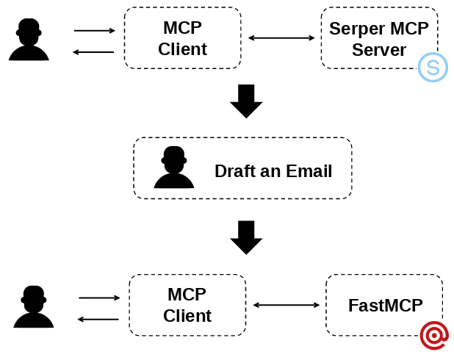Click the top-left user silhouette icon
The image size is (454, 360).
point(29,40)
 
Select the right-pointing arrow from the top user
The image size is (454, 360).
point(95,31)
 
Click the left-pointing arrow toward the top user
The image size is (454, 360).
point(93,52)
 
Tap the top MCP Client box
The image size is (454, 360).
point(182,38)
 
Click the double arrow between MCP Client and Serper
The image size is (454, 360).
point(281,37)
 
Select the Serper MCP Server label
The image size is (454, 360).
point(378,39)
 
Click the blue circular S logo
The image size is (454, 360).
point(433,68)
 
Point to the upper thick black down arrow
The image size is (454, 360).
point(246,101)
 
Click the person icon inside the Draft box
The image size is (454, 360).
point(174,168)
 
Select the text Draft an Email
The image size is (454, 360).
point(273,171)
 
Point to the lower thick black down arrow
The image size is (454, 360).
point(246,237)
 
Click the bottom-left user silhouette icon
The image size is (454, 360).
point(34,306)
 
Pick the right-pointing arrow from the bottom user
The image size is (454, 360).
point(99,298)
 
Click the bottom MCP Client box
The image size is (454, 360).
point(187,305)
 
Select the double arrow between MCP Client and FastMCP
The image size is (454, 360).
point(287,305)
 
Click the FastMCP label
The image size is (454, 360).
point(385,305)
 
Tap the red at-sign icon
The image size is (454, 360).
point(434,335)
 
